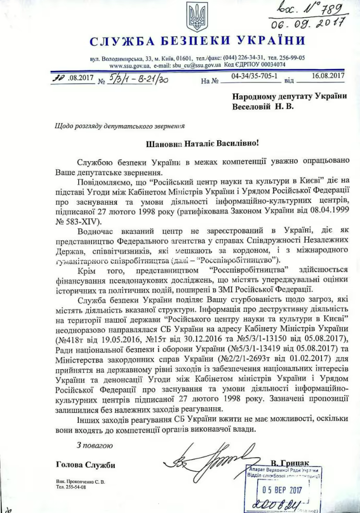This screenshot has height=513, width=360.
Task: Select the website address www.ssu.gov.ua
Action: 130,65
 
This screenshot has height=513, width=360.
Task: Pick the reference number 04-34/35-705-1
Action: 252,76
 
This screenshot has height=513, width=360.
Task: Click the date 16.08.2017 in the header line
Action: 329,76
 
